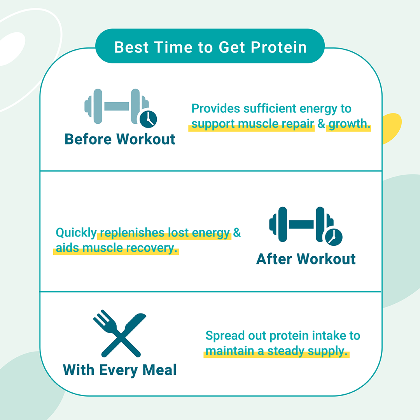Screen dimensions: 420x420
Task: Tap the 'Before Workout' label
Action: [x=120, y=139]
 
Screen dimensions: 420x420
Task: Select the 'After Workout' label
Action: [x=306, y=259]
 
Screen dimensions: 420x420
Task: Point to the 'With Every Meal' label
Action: [x=120, y=370]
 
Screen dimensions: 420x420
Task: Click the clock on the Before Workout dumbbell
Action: [x=149, y=119]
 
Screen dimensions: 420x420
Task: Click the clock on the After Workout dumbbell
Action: [x=334, y=237]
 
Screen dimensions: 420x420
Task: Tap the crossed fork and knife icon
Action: [x=119, y=334]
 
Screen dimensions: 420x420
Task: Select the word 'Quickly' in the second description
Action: [x=76, y=233]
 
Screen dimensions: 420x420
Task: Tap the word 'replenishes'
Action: [x=132, y=233]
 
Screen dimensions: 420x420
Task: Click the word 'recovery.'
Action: [x=152, y=248]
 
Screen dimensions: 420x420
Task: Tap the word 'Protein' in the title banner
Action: [x=278, y=47]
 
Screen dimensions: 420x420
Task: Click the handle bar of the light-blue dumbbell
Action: [x=117, y=106]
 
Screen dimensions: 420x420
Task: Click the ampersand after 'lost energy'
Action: [x=237, y=232]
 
